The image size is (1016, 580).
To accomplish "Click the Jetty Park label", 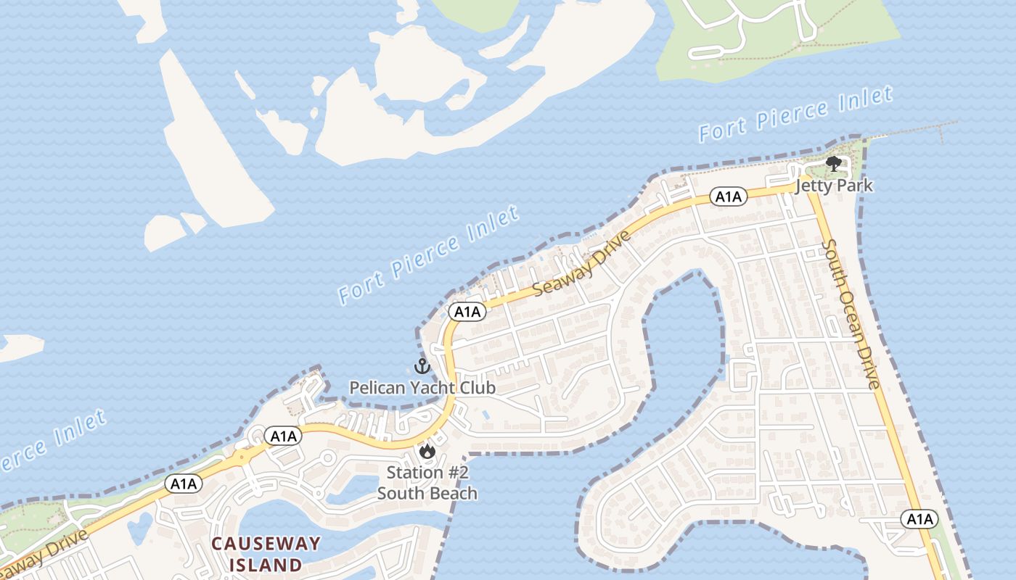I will point(834,186).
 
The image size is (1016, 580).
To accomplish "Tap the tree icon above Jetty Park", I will point(834,164).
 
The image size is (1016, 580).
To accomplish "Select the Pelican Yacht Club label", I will point(422,388).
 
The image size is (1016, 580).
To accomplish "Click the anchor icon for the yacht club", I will point(422,366).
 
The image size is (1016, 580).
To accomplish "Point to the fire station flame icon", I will point(427,451).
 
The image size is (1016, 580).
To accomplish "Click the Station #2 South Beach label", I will point(427,483).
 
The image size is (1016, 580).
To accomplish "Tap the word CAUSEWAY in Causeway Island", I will point(266,544).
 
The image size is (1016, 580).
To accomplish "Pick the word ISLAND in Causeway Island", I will point(266,564).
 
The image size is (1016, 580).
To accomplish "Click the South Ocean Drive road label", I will point(851,314).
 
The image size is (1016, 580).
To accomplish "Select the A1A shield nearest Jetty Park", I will point(728,196).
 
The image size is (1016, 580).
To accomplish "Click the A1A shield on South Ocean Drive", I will point(919,519).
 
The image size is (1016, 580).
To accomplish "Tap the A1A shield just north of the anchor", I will point(467,312).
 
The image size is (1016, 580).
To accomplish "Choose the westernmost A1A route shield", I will point(184,484).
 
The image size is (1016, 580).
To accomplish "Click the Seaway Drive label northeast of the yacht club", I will point(582,264).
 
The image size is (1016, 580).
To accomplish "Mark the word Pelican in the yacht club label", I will point(377,388).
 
